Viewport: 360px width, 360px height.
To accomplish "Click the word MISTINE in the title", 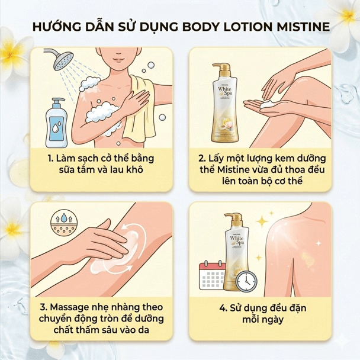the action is (x=303, y=27).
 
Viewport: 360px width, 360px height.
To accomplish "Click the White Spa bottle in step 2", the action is (x=224, y=102).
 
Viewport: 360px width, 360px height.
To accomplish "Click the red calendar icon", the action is (x=212, y=275).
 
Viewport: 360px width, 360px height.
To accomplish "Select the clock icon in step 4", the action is (x=246, y=281).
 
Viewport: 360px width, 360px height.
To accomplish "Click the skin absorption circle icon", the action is (x=64, y=222).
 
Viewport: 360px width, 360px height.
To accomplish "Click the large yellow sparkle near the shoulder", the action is (x=262, y=221).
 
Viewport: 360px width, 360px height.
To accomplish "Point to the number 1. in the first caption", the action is (x=50, y=159).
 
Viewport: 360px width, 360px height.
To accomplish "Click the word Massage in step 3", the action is (x=69, y=308).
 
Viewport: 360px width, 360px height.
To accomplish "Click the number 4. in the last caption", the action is (x=223, y=308).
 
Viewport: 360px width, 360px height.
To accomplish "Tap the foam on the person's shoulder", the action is (x=89, y=83).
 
